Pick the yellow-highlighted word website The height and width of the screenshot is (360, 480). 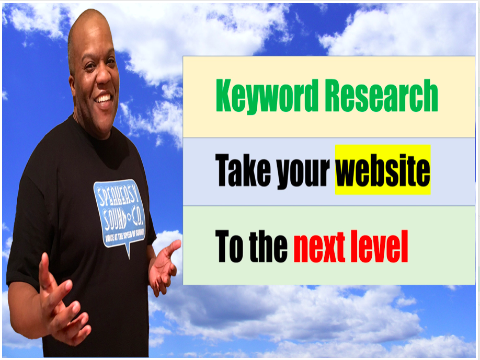pyautogui.click(x=383, y=170)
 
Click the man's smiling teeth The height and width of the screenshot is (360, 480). pyautogui.click(x=103, y=99)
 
